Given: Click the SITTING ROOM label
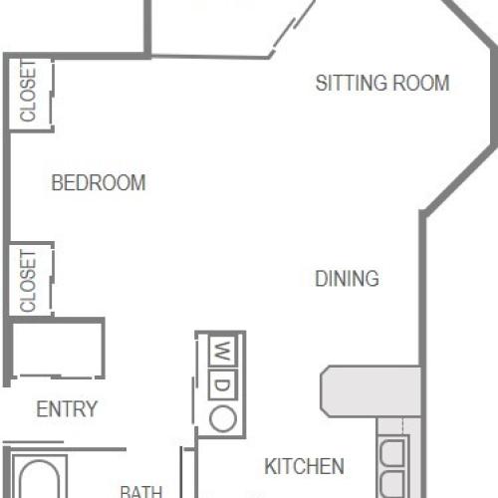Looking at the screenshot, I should coord(382,83).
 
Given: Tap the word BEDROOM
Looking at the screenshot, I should coord(99,183).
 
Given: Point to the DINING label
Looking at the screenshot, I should coord(347,279).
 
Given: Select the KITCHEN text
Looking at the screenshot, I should coord(305,466).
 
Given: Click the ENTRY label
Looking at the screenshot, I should coord(67,409).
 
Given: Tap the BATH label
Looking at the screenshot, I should coord(141,490).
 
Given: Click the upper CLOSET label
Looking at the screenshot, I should coord(29,93).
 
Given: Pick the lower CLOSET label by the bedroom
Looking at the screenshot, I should coord(29,280).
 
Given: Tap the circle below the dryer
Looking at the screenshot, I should coord(223,418).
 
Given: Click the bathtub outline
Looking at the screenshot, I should coord(40,478).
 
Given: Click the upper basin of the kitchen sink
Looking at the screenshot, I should coord(392,454).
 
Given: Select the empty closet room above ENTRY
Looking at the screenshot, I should coord(58,351).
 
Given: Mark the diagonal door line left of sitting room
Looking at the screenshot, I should coord(293,28).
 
